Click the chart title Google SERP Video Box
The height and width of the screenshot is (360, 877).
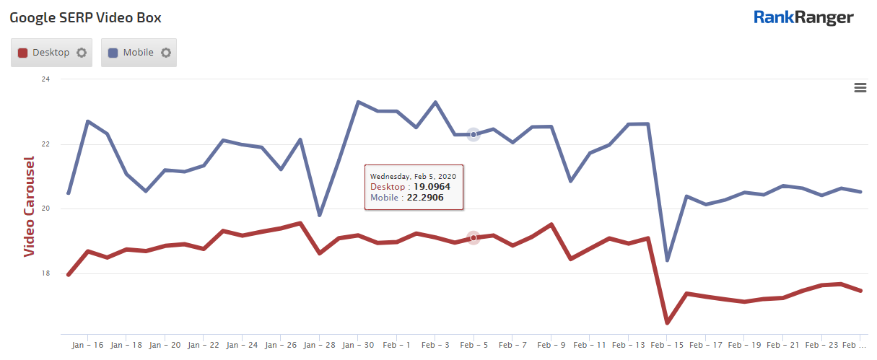tap(85, 18)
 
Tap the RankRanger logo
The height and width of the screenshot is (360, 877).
tap(803, 17)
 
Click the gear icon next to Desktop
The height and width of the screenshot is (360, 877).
tap(82, 53)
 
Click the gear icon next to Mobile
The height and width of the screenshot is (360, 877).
tap(166, 53)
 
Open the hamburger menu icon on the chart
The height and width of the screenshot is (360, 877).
tap(860, 87)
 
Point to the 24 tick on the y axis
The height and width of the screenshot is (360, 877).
tap(45, 79)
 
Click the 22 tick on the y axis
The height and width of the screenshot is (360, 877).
tap(45, 144)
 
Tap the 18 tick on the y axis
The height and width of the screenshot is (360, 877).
tap(45, 273)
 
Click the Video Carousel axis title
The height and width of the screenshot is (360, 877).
tap(30, 206)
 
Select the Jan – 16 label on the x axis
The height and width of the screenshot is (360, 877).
tap(87, 346)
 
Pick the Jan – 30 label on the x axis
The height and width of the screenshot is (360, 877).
tap(357, 346)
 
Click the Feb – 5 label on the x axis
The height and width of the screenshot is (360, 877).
tap(474, 346)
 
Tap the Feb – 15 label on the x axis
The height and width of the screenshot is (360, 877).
tap(667, 346)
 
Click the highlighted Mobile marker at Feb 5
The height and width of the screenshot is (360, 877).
tap(474, 134)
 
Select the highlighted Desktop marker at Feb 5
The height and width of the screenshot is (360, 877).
tap(474, 237)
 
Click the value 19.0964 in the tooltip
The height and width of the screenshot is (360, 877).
tap(432, 187)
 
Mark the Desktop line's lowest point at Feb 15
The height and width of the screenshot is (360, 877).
tap(667, 322)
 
